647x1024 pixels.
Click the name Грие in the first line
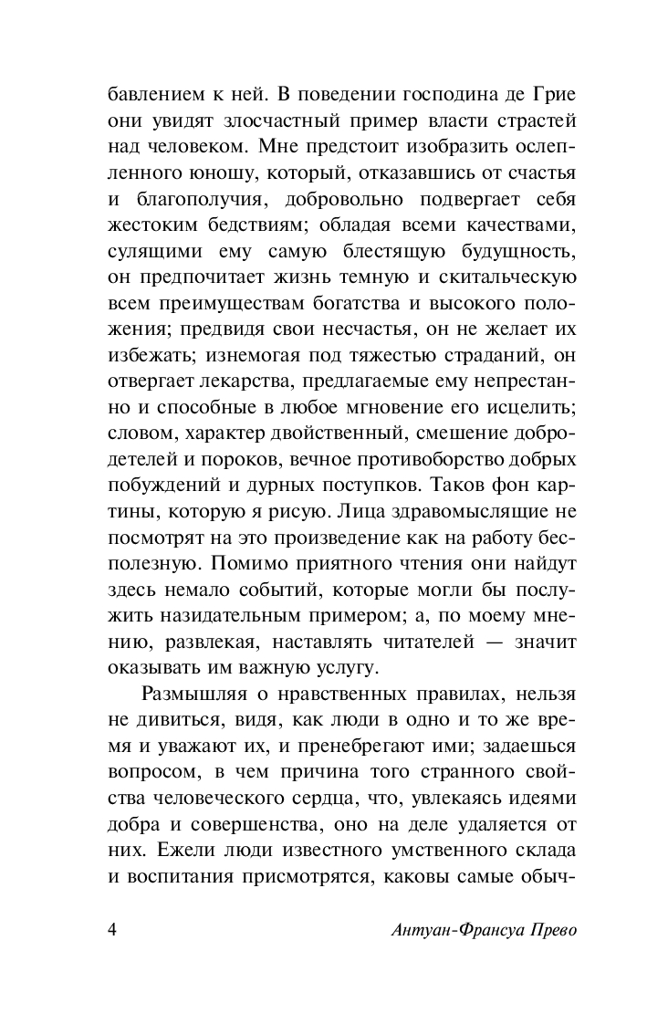pos(518,95)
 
